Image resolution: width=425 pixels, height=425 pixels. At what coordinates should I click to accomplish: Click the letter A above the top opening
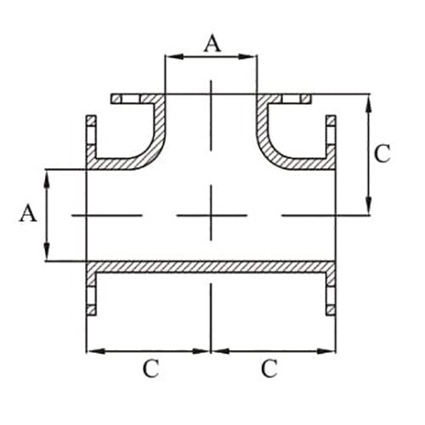[211, 42]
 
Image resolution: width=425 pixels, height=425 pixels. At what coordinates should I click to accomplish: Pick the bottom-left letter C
[150, 369]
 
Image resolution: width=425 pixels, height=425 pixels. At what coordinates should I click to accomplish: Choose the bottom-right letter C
[269, 369]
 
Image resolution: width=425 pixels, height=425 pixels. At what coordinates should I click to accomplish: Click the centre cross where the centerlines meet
[211, 215]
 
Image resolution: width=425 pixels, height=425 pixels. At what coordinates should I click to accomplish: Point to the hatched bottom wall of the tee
[211, 267]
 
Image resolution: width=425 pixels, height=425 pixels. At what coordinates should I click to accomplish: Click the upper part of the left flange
[88, 136]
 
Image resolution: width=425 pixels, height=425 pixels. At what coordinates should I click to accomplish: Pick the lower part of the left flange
[88, 289]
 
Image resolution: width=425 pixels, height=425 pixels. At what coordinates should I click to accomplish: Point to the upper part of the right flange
[331, 136]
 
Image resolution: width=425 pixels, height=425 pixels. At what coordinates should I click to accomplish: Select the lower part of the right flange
[331, 289]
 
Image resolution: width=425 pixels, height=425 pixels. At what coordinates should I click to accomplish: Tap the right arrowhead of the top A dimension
[252, 57]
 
